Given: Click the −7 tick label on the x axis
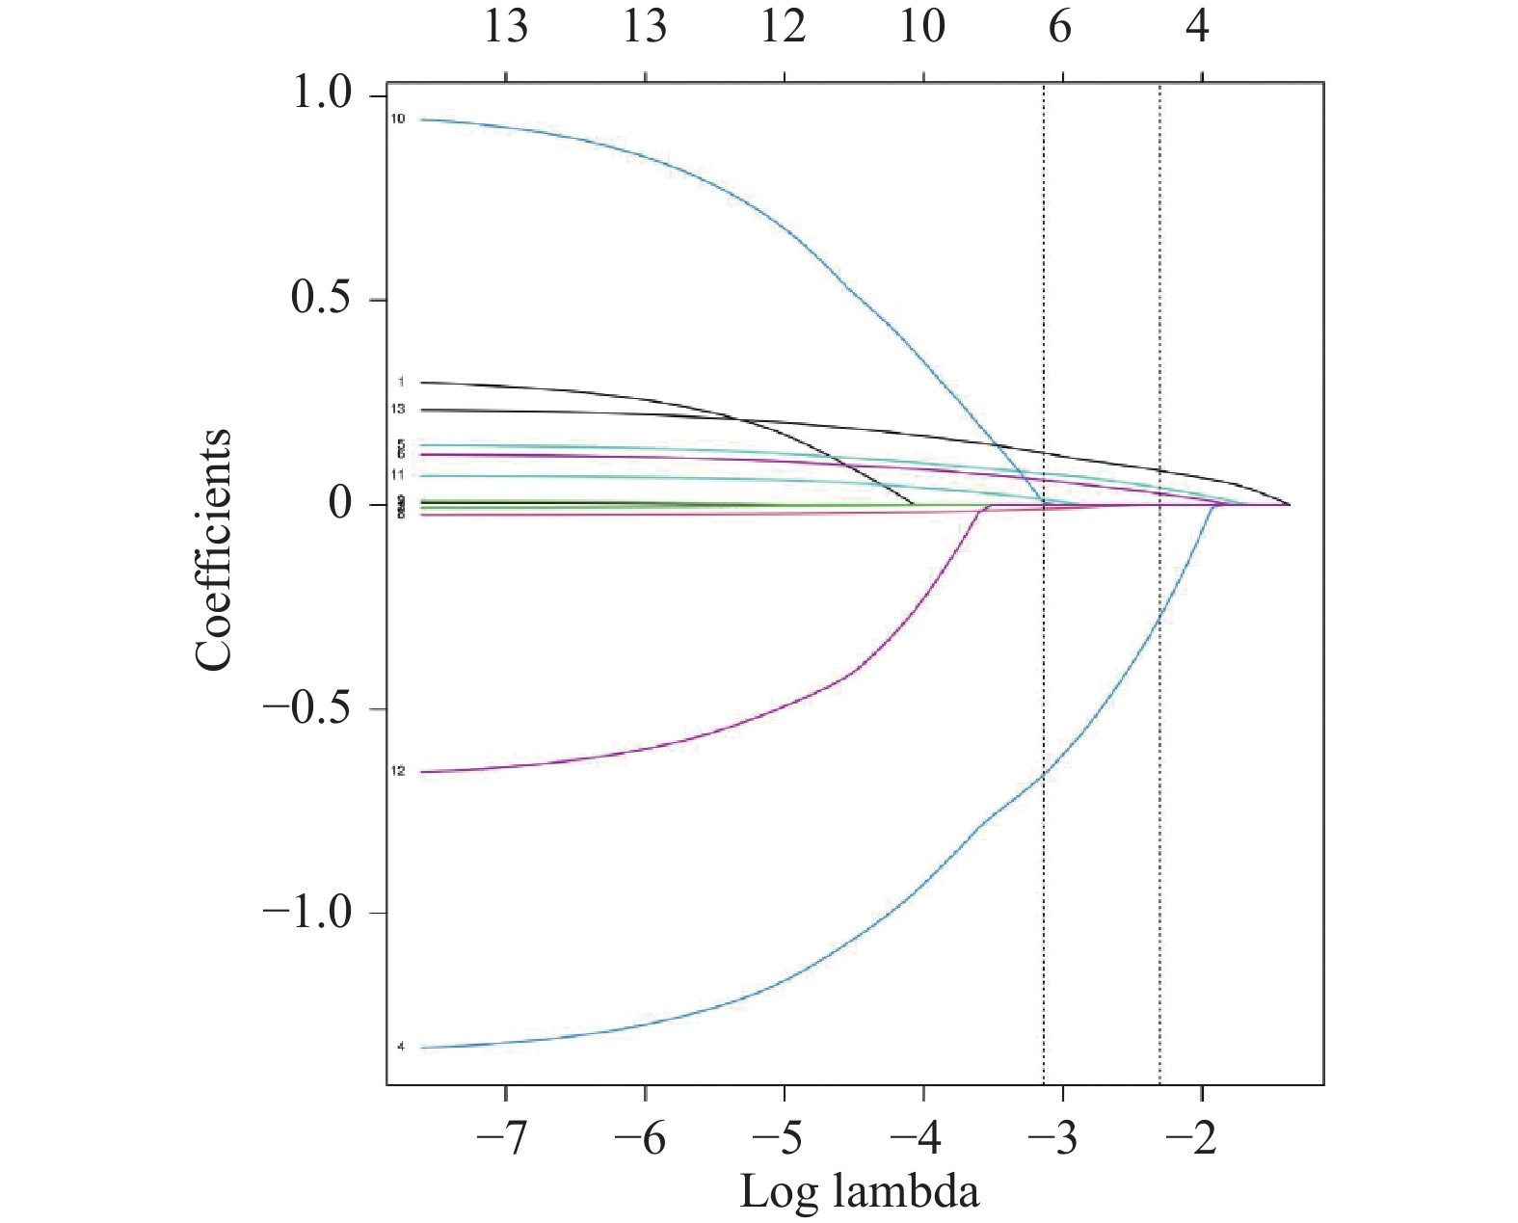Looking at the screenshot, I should [x=502, y=1138].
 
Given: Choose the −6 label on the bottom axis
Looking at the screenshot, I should [x=641, y=1138].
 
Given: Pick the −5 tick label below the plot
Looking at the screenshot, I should [x=780, y=1138].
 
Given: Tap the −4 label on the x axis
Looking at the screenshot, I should [x=919, y=1138].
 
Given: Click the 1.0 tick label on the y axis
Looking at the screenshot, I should [x=322, y=94].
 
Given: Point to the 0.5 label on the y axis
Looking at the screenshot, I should [x=322, y=299].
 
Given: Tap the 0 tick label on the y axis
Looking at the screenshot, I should [x=340, y=504].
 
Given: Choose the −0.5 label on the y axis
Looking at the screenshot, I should [x=308, y=709].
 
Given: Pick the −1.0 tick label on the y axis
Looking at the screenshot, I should [x=308, y=912].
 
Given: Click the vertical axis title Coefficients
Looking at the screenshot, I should [x=214, y=549].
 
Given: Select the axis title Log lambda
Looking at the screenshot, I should [x=859, y=1191].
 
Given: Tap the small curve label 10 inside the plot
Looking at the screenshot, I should [x=398, y=120].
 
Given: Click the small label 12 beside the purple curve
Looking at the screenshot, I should [x=398, y=771].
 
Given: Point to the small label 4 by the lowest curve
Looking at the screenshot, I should [x=401, y=1047].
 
